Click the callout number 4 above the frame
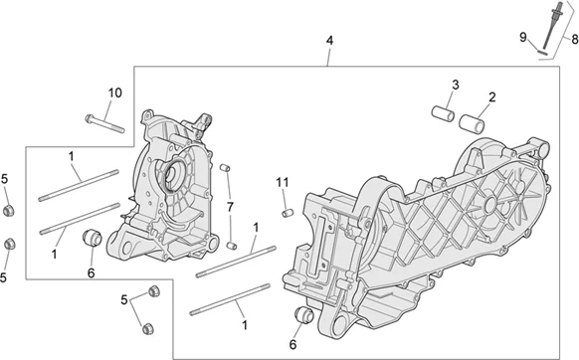tap(329, 41)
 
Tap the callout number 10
tap(114, 92)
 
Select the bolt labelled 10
tap(104, 123)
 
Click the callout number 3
tap(456, 85)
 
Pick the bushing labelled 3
tap(443, 113)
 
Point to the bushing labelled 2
tap(472, 123)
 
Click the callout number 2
tap(491, 97)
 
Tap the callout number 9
tap(523, 37)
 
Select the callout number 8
tap(575, 39)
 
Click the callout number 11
tap(283, 182)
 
